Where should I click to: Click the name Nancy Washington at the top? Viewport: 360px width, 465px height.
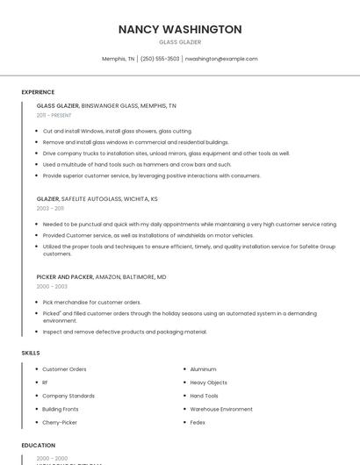tap(180, 29)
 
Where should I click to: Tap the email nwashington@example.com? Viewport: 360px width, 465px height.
tap(221, 59)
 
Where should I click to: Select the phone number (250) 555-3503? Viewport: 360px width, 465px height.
tap(160, 59)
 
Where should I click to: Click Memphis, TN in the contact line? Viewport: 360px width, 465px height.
tap(119, 59)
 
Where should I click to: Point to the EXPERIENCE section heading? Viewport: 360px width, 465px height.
tap(38, 92)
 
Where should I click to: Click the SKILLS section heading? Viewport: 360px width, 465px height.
tap(31, 353)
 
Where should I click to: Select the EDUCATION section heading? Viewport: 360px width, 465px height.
tap(39, 445)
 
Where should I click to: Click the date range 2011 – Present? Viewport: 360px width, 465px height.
tap(54, 115)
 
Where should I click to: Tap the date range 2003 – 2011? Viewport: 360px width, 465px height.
tap(51, 209)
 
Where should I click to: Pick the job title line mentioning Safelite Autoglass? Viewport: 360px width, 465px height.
tap(97, 199)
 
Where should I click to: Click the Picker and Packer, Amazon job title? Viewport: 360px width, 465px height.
tap(101, 277)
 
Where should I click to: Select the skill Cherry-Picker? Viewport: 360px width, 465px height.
tap(60, 422)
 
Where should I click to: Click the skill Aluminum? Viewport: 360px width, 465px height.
tap(203, 369)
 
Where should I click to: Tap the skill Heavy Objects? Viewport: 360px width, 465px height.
tap(208, 383)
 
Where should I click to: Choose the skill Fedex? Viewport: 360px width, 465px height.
tap(198, 422)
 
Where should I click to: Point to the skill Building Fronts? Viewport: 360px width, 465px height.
tap(61, 409)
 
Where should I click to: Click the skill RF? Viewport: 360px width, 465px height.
tap(46, 383)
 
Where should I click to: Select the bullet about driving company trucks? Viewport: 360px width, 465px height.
tap(165, 153)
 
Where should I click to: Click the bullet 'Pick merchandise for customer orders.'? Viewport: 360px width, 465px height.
tap(91, 302)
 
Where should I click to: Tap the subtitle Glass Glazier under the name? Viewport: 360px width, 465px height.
tap(180, 42)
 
